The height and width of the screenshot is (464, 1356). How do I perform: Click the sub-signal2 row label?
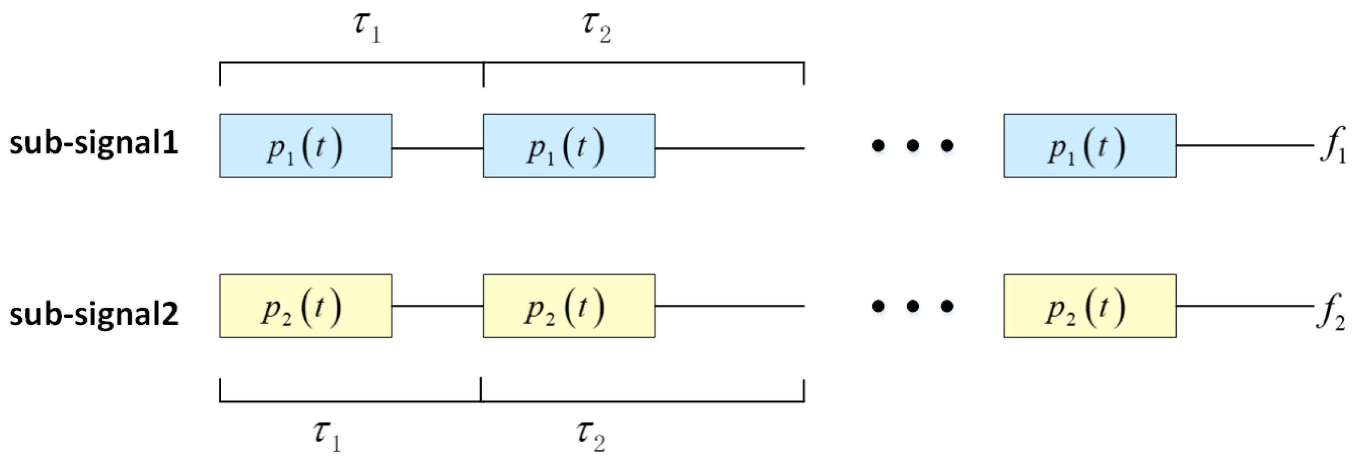(x=94, y=315)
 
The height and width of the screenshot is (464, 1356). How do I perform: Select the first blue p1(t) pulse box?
(x=305, y=146)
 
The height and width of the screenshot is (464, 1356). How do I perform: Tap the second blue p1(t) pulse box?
(x=569, y=146)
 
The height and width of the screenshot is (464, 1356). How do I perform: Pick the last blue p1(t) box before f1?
(x=1090, y=146)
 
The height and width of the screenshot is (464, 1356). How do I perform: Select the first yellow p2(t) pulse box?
(x=305, y=306)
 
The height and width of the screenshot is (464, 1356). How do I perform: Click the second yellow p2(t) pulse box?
(x=569, y=306)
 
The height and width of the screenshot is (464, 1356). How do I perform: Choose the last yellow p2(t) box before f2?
(x=1090, y=306)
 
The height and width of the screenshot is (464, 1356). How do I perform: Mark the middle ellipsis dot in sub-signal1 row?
(x=913, y=145)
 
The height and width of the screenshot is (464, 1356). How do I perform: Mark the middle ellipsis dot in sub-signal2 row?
(x=913, y=305)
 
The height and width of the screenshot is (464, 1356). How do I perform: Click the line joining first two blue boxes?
(x=437, y=148)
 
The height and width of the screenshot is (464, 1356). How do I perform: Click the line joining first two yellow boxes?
(x=437, y=305)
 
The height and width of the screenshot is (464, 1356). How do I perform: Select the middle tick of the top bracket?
(x=483, y=74)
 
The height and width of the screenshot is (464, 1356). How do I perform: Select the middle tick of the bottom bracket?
(x=481, y=390)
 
